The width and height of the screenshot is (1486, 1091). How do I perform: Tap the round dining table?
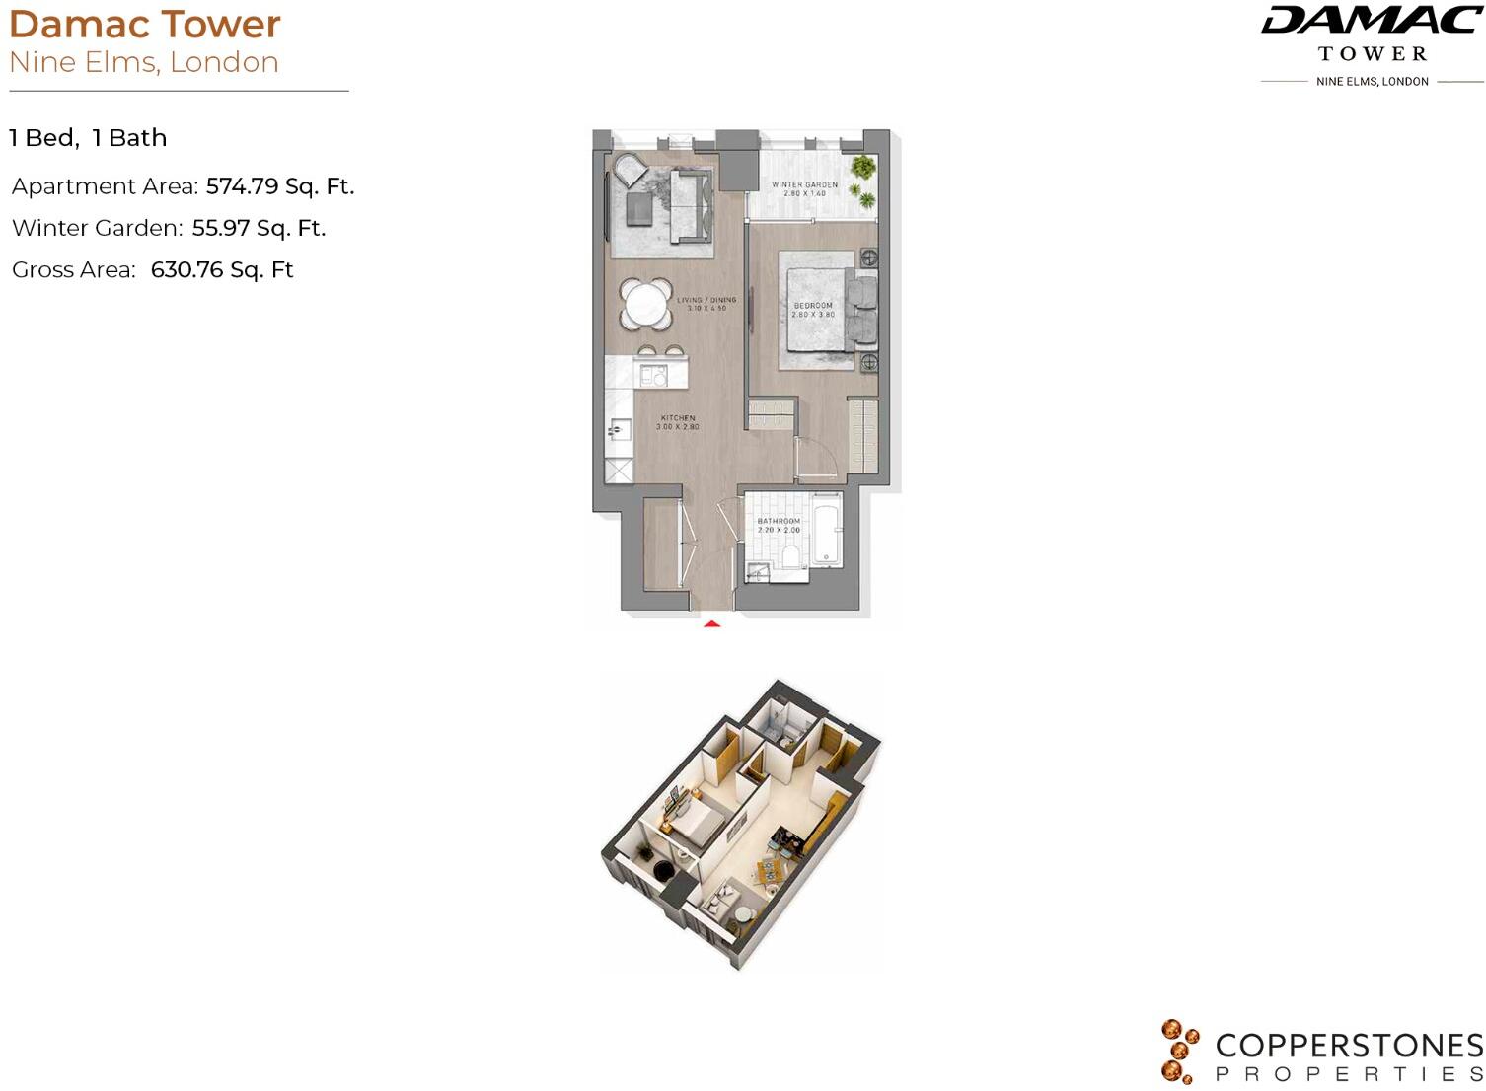coord(646,304)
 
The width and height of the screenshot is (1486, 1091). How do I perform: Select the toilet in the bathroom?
coord(790,554)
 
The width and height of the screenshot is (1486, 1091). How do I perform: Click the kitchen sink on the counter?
coord(619,430)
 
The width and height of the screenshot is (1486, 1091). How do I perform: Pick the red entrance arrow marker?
coord(711,623)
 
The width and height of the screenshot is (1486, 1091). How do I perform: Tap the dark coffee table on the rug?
coord(638,207)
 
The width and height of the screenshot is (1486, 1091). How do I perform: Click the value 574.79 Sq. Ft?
coord(279,186)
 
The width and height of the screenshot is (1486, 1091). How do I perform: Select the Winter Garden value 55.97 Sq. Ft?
coord(259,228)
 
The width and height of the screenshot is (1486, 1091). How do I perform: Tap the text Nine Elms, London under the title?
coord(144,62)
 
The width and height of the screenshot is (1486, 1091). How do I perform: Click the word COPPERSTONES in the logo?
coord(1349,1046)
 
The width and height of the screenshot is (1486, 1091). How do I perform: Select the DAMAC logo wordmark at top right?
coord(1372,20)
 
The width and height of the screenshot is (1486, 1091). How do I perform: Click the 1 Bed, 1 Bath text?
coord(88,138)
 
